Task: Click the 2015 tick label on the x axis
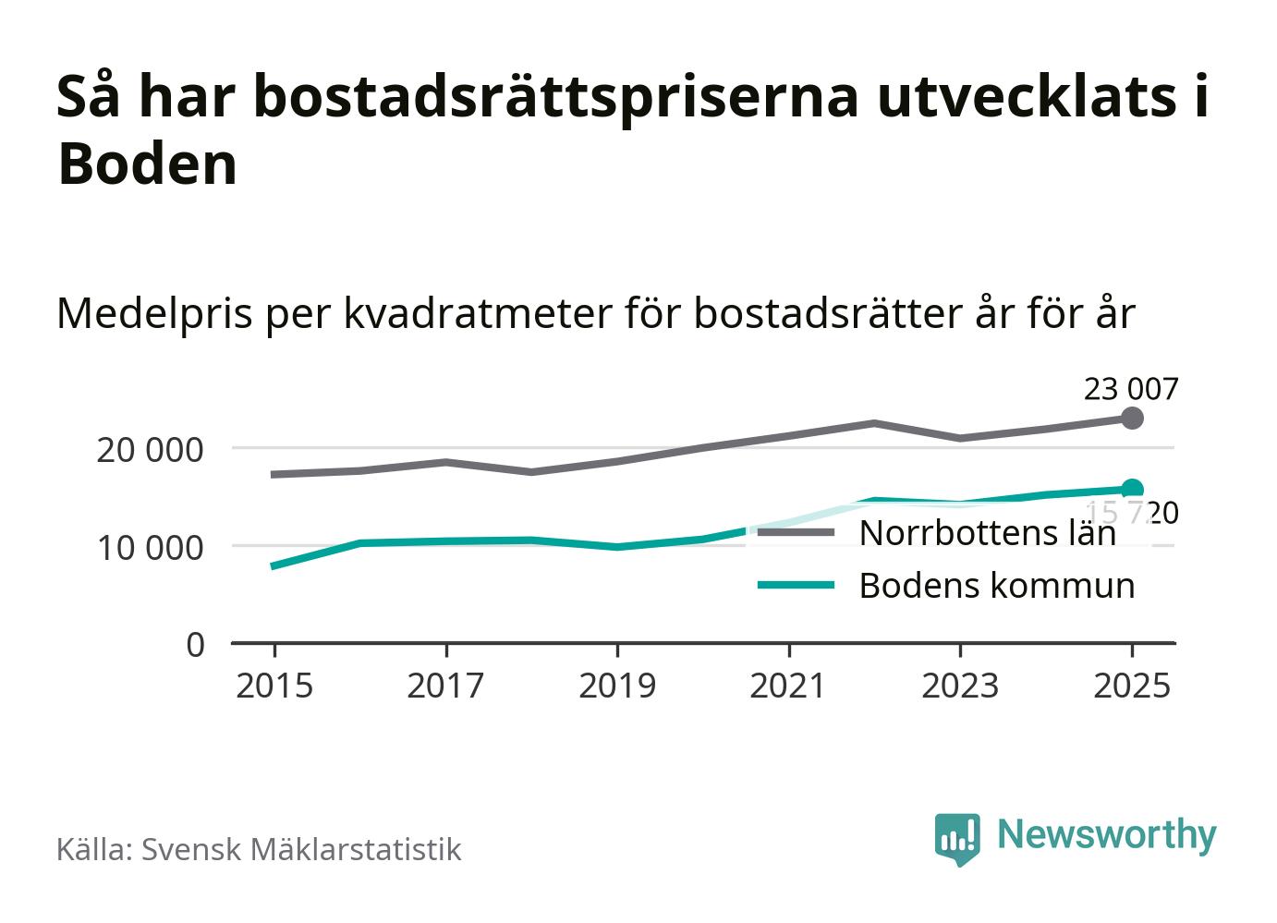[274, 686]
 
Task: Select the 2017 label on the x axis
[445, 686]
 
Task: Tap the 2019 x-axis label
[617, 686]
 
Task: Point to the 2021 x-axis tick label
[788, 686]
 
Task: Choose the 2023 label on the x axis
[960, 686]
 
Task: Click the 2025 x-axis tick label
[1131, 686]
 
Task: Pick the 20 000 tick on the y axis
[150, 450]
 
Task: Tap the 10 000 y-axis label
[150, 547]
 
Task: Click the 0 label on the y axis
[195, 644]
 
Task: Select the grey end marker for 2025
[1132, 419]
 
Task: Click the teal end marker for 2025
[1132, 490]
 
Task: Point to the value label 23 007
[1131, 390]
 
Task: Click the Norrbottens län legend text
[987, 533]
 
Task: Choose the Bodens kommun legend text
[996, 585]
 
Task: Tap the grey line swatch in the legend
[796, 533]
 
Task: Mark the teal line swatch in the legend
[796, 585]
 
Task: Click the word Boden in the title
[148, 164]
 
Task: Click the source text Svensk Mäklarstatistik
[300, 849]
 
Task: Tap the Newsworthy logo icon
[956, 838]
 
